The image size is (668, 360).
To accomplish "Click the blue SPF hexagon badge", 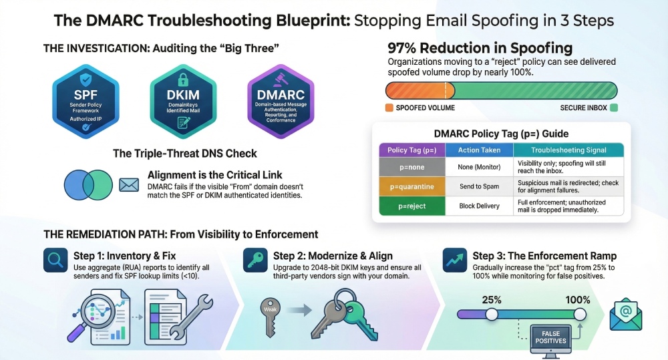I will point(86,101).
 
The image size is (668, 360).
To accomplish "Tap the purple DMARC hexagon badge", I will point(281,101).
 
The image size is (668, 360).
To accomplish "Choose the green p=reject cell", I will point(411,206).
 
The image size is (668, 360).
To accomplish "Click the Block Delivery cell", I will point(479,206).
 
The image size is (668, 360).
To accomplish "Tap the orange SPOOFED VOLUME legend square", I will point(389,108).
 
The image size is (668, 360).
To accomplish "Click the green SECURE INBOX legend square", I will point(614,108).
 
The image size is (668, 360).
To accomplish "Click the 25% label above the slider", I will point(492,300).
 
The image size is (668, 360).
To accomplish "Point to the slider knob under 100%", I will point(579,314).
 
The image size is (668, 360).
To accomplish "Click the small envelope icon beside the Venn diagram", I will point(128,184).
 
